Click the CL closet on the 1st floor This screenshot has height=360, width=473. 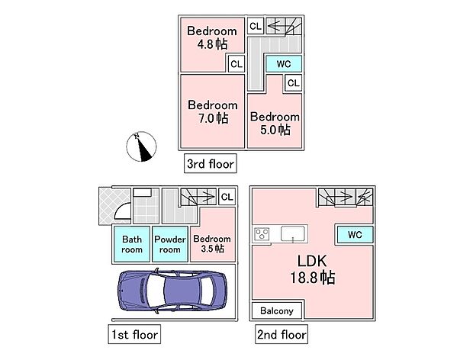click(x=227, y=197)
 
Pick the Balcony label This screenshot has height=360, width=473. click(x=278, y=310)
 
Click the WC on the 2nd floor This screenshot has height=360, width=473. click(x=354, y=233)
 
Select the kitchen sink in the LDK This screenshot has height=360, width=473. click(x=294, y=233)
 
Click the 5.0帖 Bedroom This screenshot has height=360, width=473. click(x=275, y=124)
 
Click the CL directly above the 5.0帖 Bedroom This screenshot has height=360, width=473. click(x=294, y=82)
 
